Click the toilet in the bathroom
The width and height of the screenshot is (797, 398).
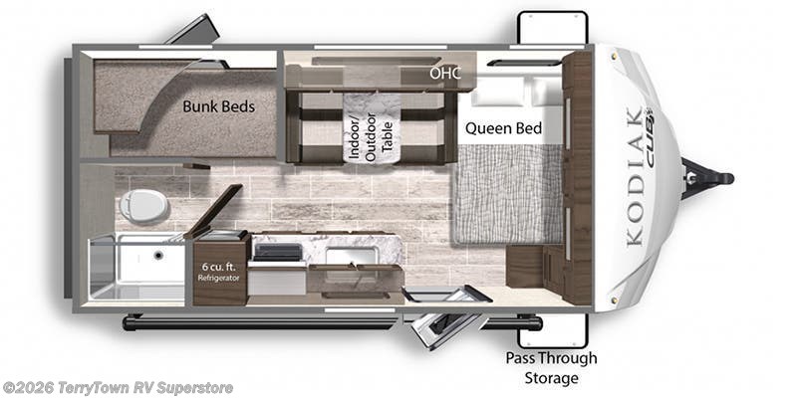[143, 207]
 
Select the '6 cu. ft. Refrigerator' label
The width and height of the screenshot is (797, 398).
[218, 272]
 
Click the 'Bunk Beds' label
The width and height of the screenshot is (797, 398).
[218, 106]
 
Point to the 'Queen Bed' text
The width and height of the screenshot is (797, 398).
[503, 128]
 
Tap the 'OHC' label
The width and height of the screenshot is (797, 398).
[445, 73]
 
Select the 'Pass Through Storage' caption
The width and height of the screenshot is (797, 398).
[552, 368]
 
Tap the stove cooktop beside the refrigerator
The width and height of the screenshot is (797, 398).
[278, 252]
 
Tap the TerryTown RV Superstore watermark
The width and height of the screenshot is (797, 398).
[118, 388]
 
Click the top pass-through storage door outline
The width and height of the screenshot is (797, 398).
[553, 28]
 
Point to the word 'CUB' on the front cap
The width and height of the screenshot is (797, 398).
[650, 137]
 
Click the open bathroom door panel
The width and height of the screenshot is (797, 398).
[213, 211]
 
